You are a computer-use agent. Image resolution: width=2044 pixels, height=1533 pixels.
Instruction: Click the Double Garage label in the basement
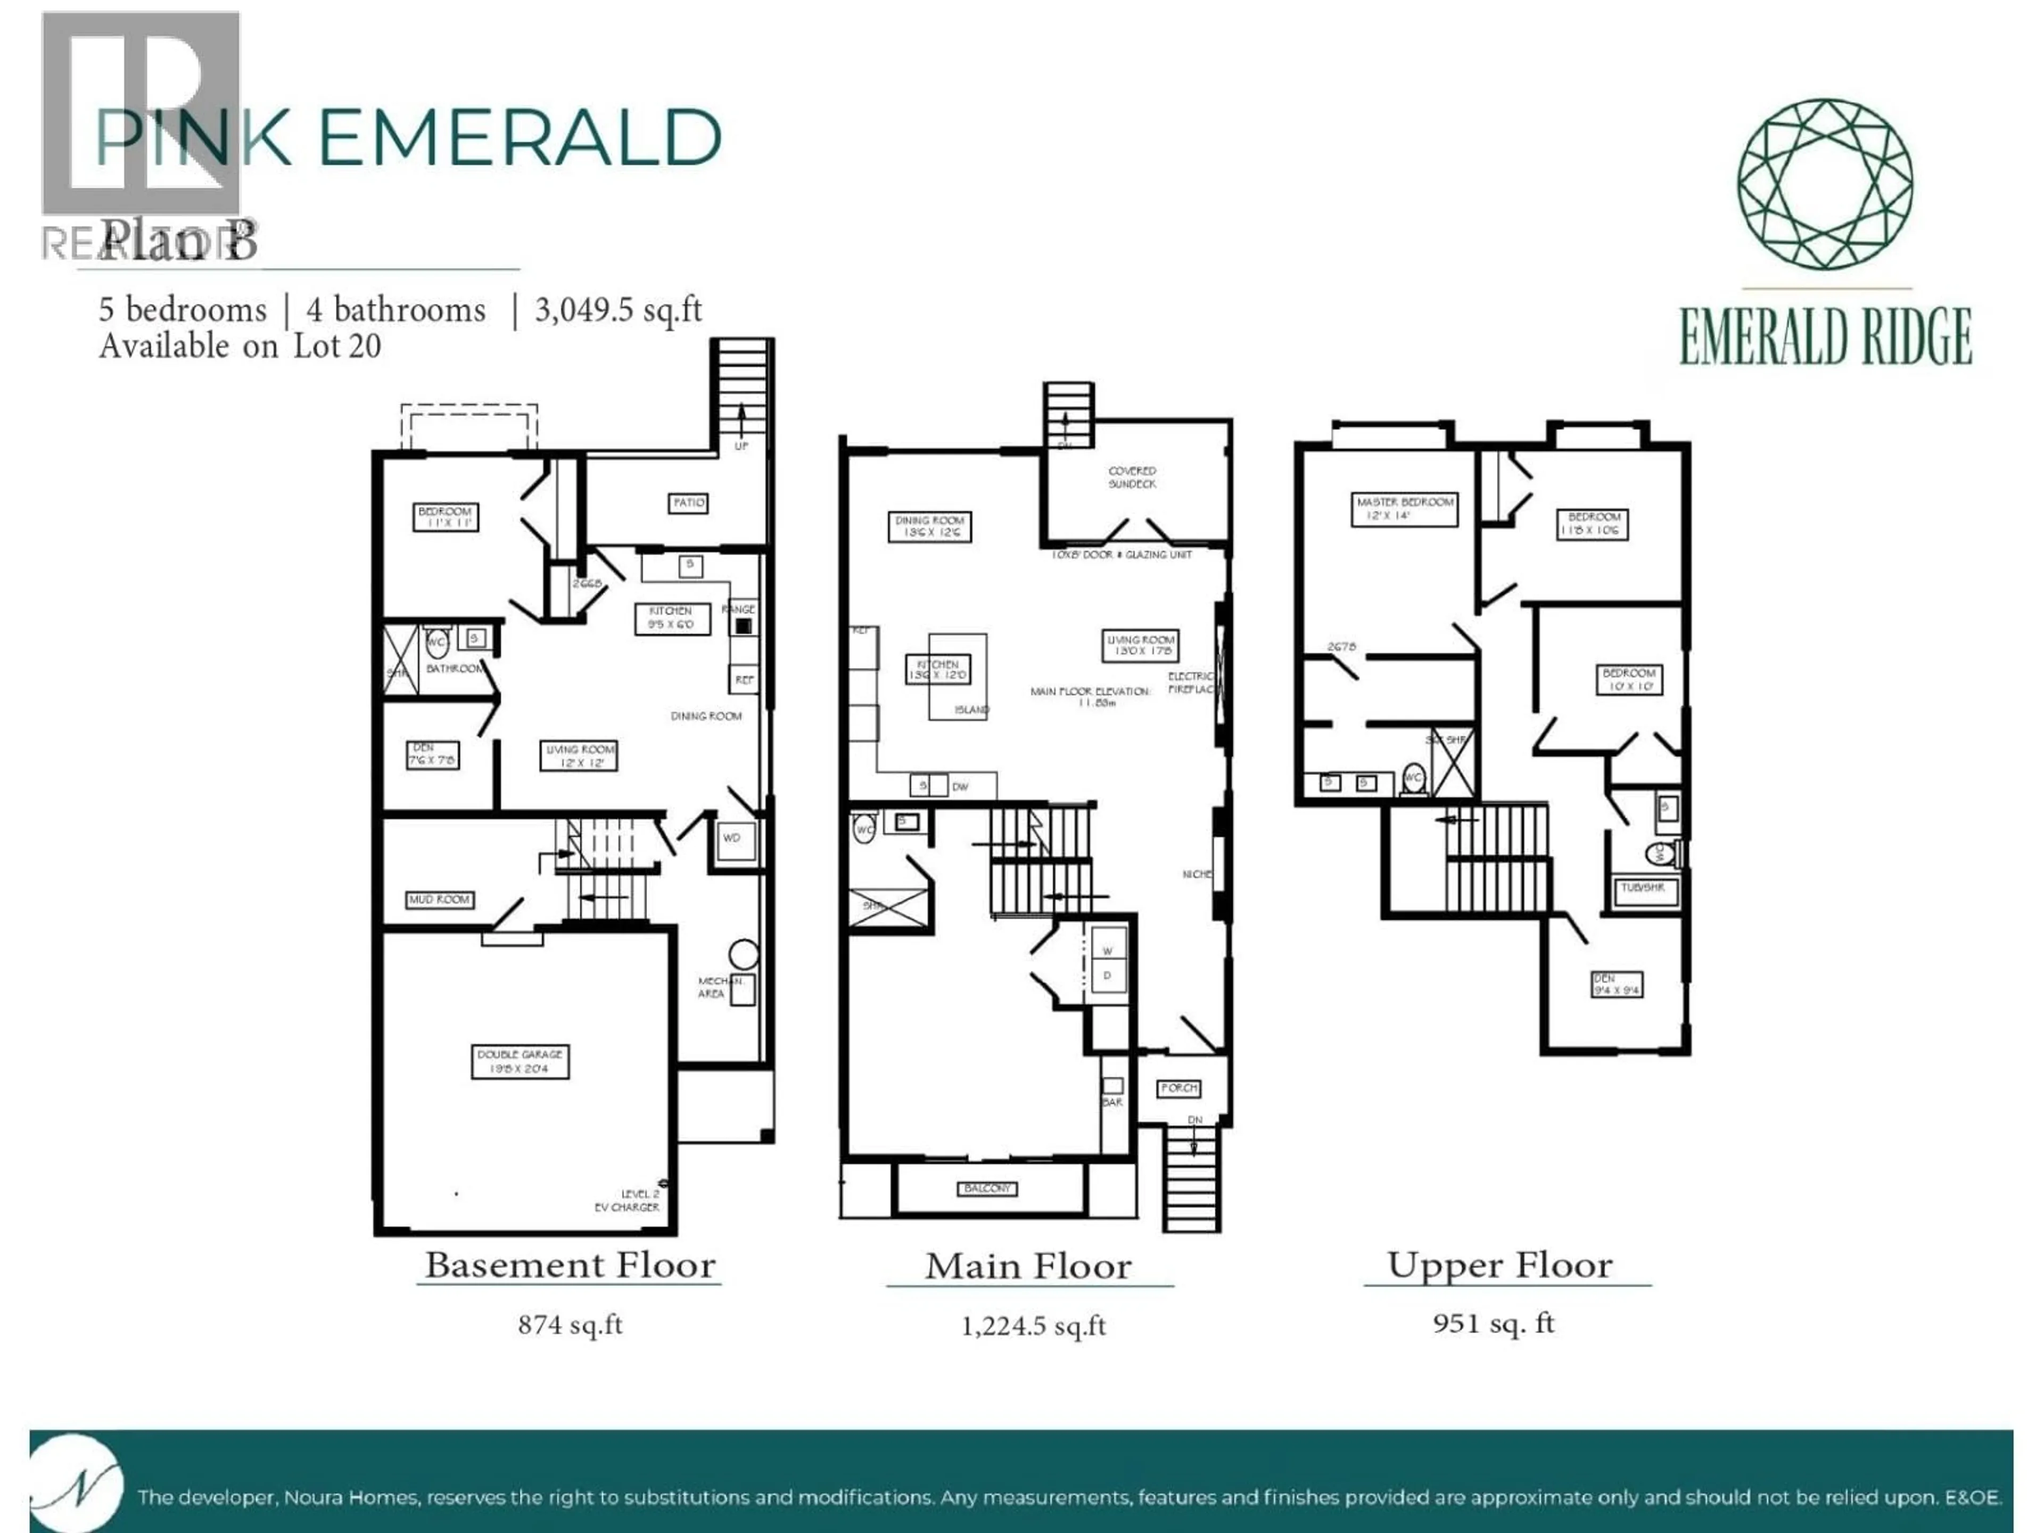pyautogui.click(x=520, y=1061)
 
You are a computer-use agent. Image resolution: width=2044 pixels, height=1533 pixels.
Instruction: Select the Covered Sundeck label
pyautogui.click(x=1132, y=477)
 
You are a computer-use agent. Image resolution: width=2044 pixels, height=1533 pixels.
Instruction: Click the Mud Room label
pyautogui.click(x=440, y=899)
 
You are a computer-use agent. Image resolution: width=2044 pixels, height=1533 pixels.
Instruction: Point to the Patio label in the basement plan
pyautogui.click(x=688, y=502)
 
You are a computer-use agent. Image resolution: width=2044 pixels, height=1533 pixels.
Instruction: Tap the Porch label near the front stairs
pyautogui.click(x=1179, y=1087)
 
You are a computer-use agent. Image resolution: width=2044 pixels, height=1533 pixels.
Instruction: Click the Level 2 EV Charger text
pyautogui.click(x=628, y=1200)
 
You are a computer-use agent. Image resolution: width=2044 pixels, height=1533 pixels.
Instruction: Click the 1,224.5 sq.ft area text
pyautogui.click(x=1033, y=1326)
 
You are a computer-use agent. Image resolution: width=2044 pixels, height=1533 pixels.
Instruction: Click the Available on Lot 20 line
pyautogui.click(x=240, y=347)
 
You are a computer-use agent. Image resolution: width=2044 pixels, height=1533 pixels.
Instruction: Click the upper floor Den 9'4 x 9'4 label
pyautogui.click(x=1616, y=984)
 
